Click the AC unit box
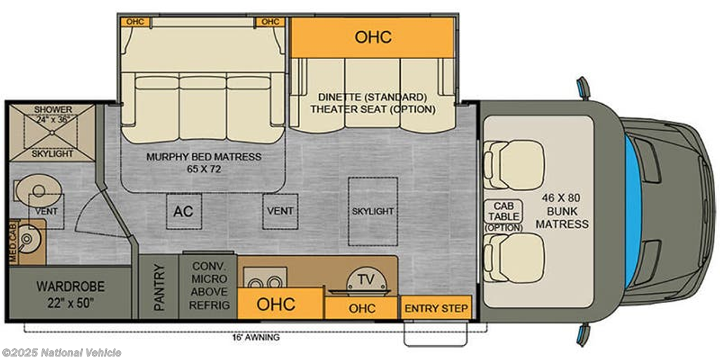183,211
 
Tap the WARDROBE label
70,288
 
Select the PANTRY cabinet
158,287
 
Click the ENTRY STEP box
436,308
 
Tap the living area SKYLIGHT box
373,211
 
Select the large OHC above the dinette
373,37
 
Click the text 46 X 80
562,198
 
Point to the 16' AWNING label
256,337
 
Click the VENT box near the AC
280,211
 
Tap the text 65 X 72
203,169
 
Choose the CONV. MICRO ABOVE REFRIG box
207,287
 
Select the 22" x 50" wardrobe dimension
70,304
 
